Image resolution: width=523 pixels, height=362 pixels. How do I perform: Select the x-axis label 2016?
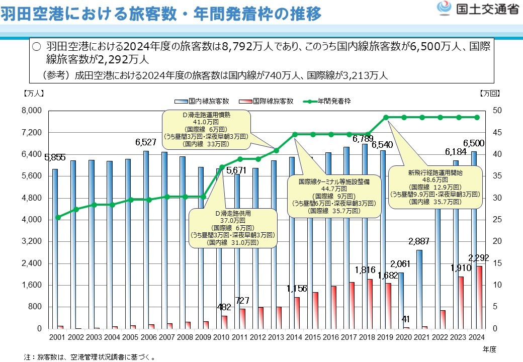coord(331,337)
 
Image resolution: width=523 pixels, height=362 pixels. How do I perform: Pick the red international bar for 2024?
coord(480,297)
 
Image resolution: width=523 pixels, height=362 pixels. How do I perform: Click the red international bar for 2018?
coord(370,304)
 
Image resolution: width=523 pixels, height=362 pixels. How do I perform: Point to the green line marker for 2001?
coord(58,217)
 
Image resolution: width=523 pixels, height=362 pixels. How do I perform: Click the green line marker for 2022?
coord(441,117)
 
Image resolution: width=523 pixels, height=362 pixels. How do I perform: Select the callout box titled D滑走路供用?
coord(233,228)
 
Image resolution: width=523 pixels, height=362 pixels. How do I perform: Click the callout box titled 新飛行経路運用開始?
coord(435,187)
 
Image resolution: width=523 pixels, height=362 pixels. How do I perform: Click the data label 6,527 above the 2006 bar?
coord(146,142)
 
